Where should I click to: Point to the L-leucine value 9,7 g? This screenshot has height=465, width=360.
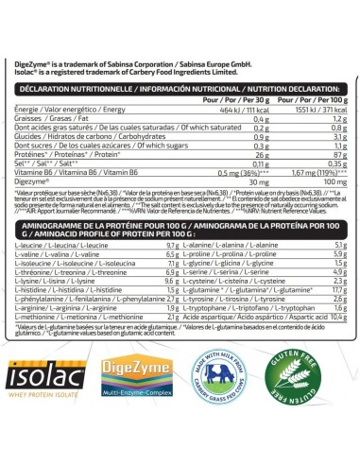pos(169,244)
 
